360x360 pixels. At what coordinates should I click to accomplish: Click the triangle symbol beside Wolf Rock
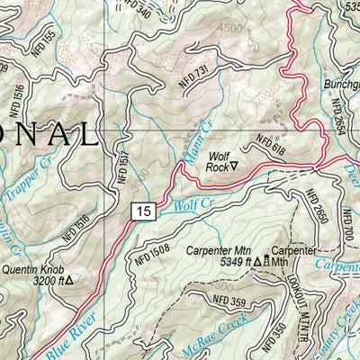pos(234,166)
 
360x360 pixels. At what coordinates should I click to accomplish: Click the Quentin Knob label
pos(38,268)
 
